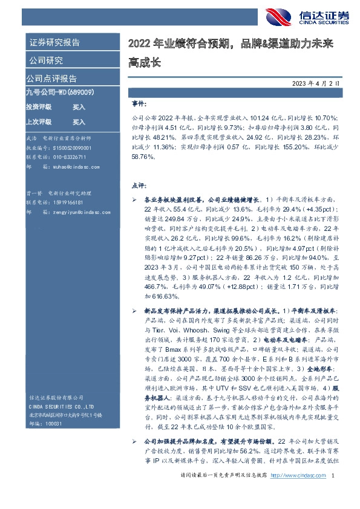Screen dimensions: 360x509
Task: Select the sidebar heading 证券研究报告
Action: click(x=54, y=44)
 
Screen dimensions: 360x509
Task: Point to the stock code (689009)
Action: click(x=80, y=92)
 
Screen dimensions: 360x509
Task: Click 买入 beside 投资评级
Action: click(x=79, y=106)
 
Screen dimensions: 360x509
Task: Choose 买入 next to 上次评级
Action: click(x=79, y=121)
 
